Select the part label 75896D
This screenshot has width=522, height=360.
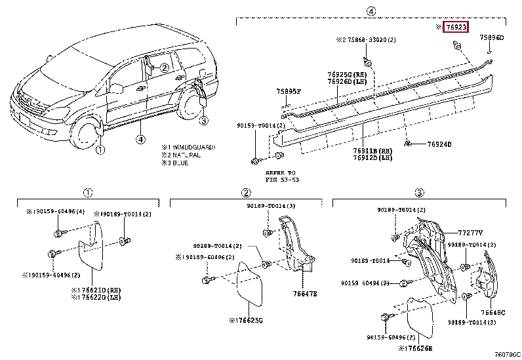(491, 38)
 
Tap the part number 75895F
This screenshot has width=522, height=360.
(289, 92)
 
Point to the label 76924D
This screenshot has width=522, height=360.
(439, 144)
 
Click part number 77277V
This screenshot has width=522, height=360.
(470, 232)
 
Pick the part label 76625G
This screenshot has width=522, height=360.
(248, 321)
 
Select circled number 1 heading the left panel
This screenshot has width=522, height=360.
(87, 192)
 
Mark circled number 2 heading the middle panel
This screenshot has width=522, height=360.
(245, 192)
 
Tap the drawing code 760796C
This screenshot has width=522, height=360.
(506, 355)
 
